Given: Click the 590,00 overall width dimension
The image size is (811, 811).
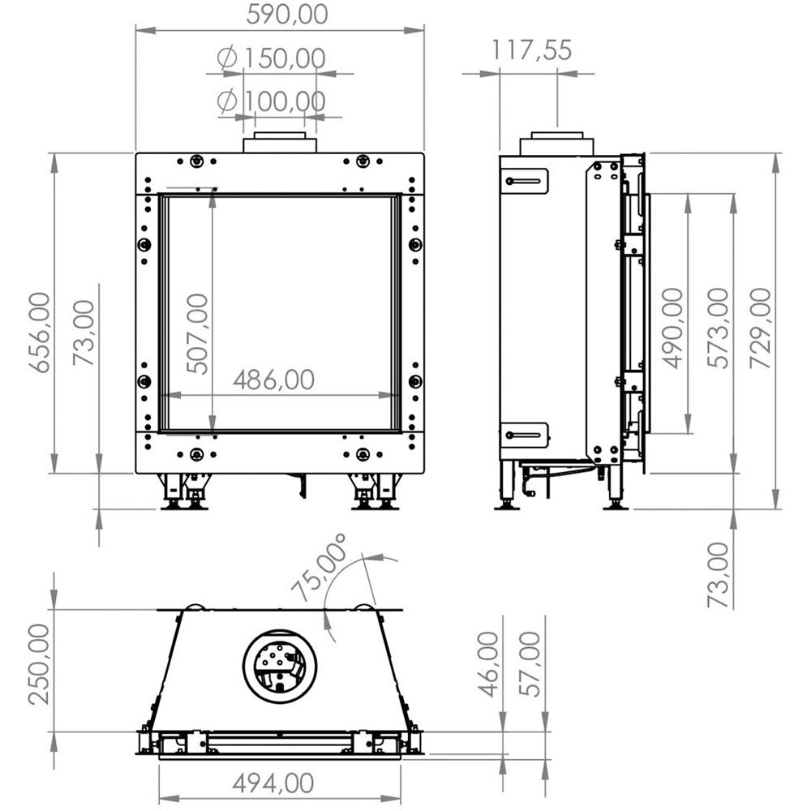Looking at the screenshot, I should (x=280, y=14).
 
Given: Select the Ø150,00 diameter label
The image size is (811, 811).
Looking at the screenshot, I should (x=272, y=58).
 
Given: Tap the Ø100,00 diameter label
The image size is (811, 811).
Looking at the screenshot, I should (x=272, y=101).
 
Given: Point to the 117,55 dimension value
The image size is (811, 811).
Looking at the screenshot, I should (x=531, y=50).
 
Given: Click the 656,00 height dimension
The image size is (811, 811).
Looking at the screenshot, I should (x=40, y=332).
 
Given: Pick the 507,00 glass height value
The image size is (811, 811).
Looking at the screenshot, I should (x=197, y=333).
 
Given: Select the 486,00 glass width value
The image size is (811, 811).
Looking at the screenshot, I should (x=273, y=380).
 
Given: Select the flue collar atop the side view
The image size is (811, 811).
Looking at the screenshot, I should (x=557, y=144).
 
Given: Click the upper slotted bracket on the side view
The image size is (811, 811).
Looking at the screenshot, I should (x=524, y=180).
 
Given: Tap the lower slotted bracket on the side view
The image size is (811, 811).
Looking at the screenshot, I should (x=524, y=436).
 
